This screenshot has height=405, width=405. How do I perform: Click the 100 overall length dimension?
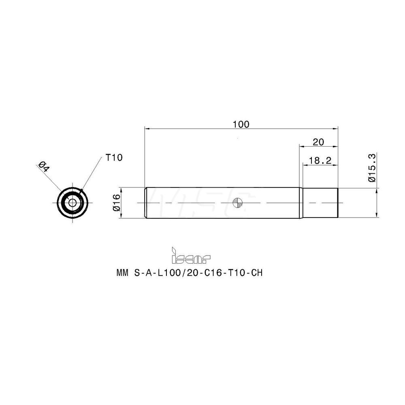241,124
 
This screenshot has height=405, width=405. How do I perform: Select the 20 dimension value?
318,141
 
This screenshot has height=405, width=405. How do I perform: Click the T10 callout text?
114,158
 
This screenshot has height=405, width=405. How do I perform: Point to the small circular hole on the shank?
239,202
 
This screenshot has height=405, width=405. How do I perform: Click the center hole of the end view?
72,203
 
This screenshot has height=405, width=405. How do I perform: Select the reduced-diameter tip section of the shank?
320,203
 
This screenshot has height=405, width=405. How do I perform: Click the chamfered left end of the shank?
146,203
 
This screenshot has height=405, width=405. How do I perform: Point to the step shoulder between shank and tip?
301,203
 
